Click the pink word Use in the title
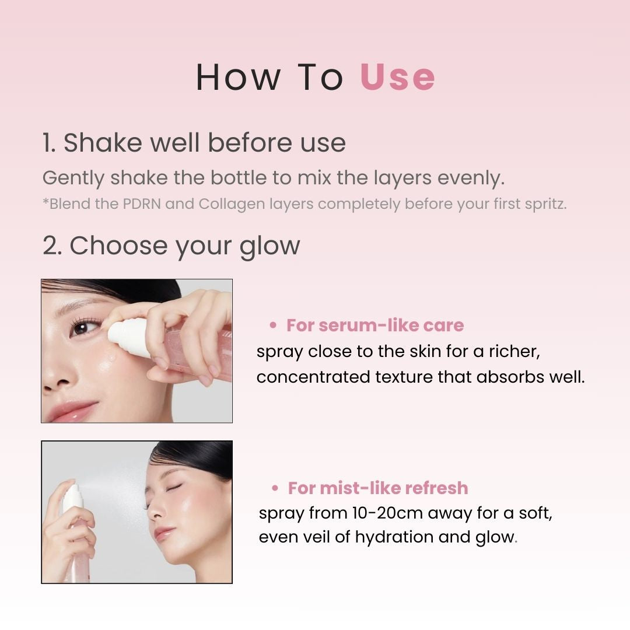398,77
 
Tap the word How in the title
237,77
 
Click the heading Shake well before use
194,143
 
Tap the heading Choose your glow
171,246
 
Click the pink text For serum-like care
375,325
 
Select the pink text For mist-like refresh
378,488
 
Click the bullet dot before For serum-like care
272,325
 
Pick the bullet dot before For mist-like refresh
275,488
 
